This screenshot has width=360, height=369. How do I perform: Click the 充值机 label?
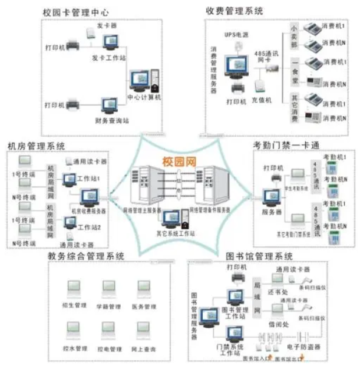tap(262, 100)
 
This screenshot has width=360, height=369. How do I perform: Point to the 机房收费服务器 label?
tap(90, 210)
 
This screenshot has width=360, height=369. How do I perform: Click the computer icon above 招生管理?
tap(74, 288)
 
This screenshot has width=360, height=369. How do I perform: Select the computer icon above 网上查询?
tap(145, 329)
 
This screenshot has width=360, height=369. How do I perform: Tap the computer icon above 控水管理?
tap(74, 329)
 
